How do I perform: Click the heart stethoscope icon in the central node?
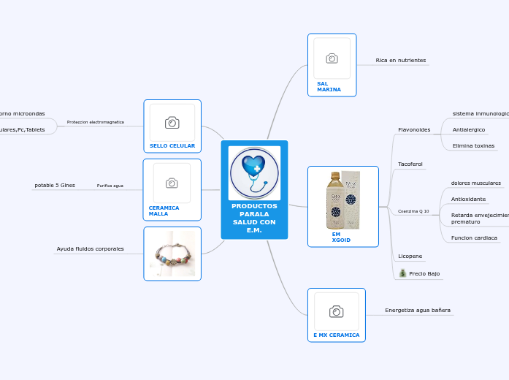click(x=254, y=173)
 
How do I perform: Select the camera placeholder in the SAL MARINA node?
click(x=332, y=58)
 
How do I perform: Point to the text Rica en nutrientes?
click(x=400, y=60)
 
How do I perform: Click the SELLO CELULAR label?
click(x=172, y=145)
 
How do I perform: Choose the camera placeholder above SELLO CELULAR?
click(x=172, y=122)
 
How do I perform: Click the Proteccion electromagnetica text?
click(x=95, y=122)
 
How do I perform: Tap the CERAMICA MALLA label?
click(x=164, y=210)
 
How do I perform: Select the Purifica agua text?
click(x=110, y=186)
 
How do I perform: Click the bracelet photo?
click(x=172, y=254)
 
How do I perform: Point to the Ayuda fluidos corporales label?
click(x=90, y=249)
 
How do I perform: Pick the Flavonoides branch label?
click(x=414, y=129)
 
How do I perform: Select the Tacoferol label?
click(x=410, y=164)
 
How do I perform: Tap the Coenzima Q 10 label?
click(x=413, y=211)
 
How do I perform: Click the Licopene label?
click(x=410, y=256)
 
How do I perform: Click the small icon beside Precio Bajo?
click(x=402, y=273)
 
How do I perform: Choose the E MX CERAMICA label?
click(x=336, y=335)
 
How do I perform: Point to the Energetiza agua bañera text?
click(x=418, y=311)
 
